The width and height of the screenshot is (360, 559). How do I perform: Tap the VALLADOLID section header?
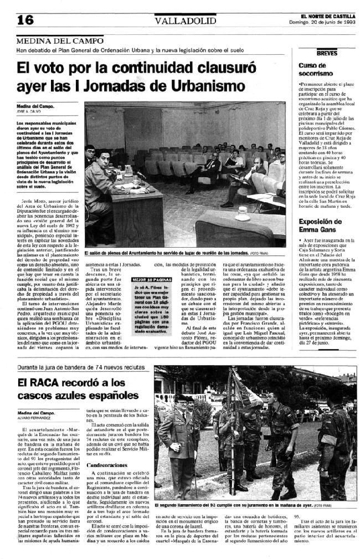tap(177, 20)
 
